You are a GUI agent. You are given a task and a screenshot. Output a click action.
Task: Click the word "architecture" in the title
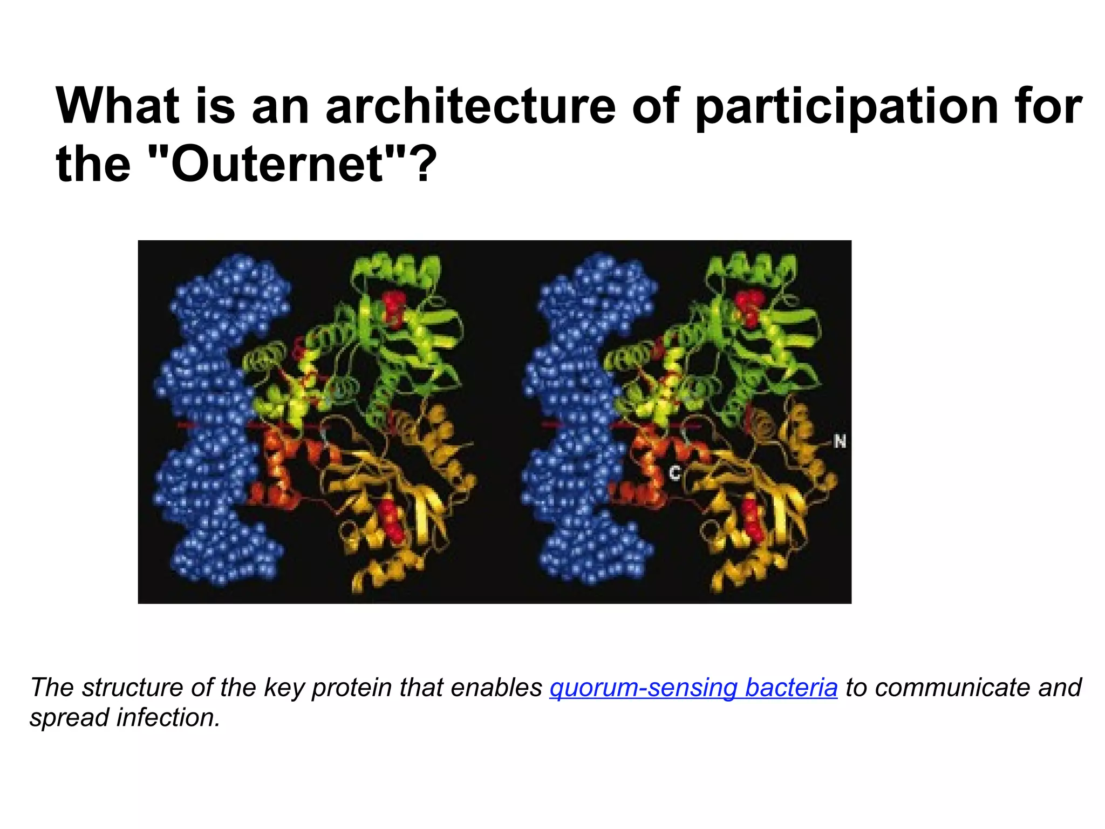(x=470, y=106)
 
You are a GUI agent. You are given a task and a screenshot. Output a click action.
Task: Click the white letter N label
(x=840, y=442)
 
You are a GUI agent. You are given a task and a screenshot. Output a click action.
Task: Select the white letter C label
(x=674, y=473)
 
